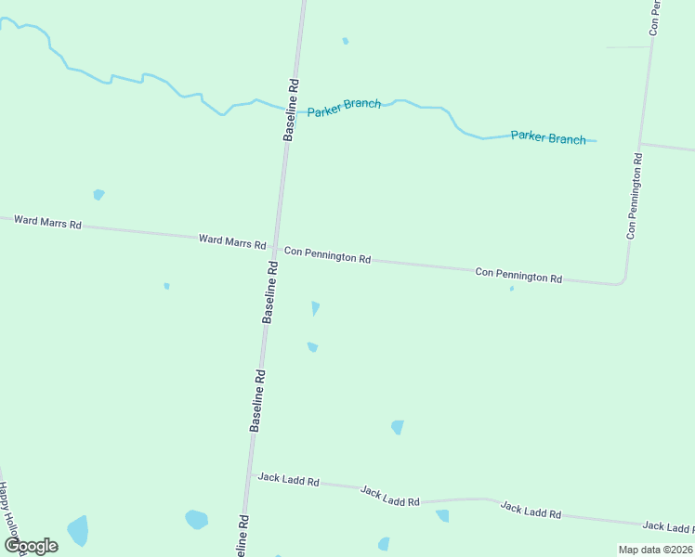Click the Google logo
[31, 545]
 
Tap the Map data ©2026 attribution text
[655, 550]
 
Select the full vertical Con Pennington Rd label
[635, 198]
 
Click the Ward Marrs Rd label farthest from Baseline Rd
[47, 223]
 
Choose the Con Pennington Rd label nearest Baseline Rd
[327, 254]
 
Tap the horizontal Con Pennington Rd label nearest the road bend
[518, 275]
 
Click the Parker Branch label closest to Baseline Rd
[344, 107]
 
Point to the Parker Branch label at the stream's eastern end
[548, 137]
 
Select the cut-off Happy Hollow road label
[8, 511]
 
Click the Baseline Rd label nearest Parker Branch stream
[291, 110]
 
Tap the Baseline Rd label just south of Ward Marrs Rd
[270, 291]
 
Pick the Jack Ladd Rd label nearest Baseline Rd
[289, 480]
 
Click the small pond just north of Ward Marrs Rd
[98, 194]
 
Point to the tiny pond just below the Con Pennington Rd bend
[512, 289]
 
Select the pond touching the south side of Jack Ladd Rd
[442, 515]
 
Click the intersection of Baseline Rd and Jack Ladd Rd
[250, 475]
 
